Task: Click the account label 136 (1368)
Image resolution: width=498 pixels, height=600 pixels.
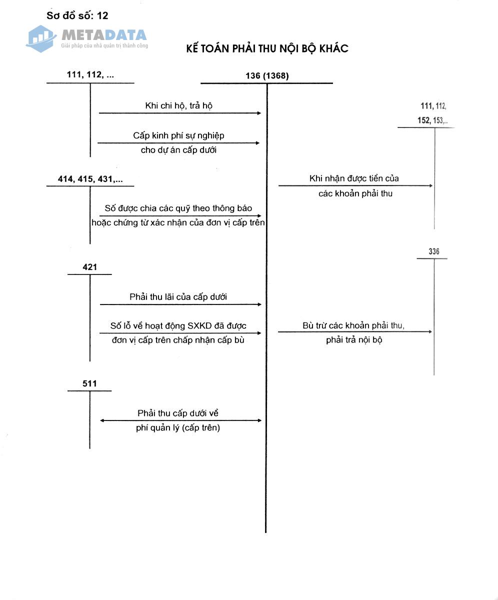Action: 267,76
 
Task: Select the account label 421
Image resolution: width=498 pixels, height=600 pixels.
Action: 90,267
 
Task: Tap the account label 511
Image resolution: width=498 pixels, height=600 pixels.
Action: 90,384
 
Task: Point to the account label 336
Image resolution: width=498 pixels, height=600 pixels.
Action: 434,251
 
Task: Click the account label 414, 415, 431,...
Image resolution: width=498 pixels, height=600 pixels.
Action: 90,179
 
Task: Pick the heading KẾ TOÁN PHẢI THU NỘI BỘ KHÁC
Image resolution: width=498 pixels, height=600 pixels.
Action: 267,48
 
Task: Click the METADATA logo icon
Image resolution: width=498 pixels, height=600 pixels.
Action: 41,38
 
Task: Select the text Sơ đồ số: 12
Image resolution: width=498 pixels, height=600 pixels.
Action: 77,15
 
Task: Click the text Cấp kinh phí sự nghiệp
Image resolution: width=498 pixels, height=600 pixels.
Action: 178,135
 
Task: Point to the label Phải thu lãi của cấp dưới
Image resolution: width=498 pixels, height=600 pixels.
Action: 178,296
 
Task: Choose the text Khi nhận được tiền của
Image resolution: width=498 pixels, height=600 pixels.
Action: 354,178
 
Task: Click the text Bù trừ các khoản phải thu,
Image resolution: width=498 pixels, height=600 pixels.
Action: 353,325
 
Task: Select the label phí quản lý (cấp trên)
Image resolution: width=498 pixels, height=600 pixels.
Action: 178,428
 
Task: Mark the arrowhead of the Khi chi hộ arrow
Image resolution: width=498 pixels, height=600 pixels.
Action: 259,113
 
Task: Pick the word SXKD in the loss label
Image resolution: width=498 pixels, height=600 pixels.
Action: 199,326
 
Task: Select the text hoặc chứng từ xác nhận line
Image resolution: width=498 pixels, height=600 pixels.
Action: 178,222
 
